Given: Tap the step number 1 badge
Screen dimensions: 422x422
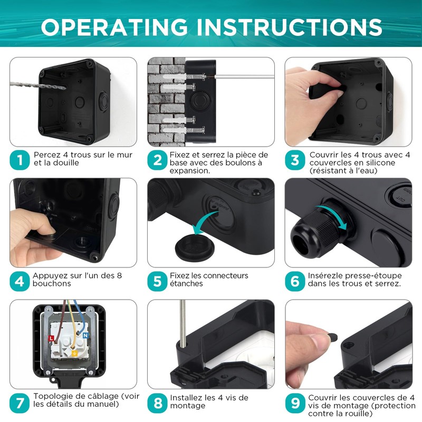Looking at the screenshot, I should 20,160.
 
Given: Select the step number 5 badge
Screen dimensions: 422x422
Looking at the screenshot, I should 157,281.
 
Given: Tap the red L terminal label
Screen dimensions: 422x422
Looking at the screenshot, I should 51,336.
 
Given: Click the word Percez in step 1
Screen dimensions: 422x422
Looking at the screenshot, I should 46,155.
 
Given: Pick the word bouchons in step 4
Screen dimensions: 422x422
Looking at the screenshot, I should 52,284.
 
